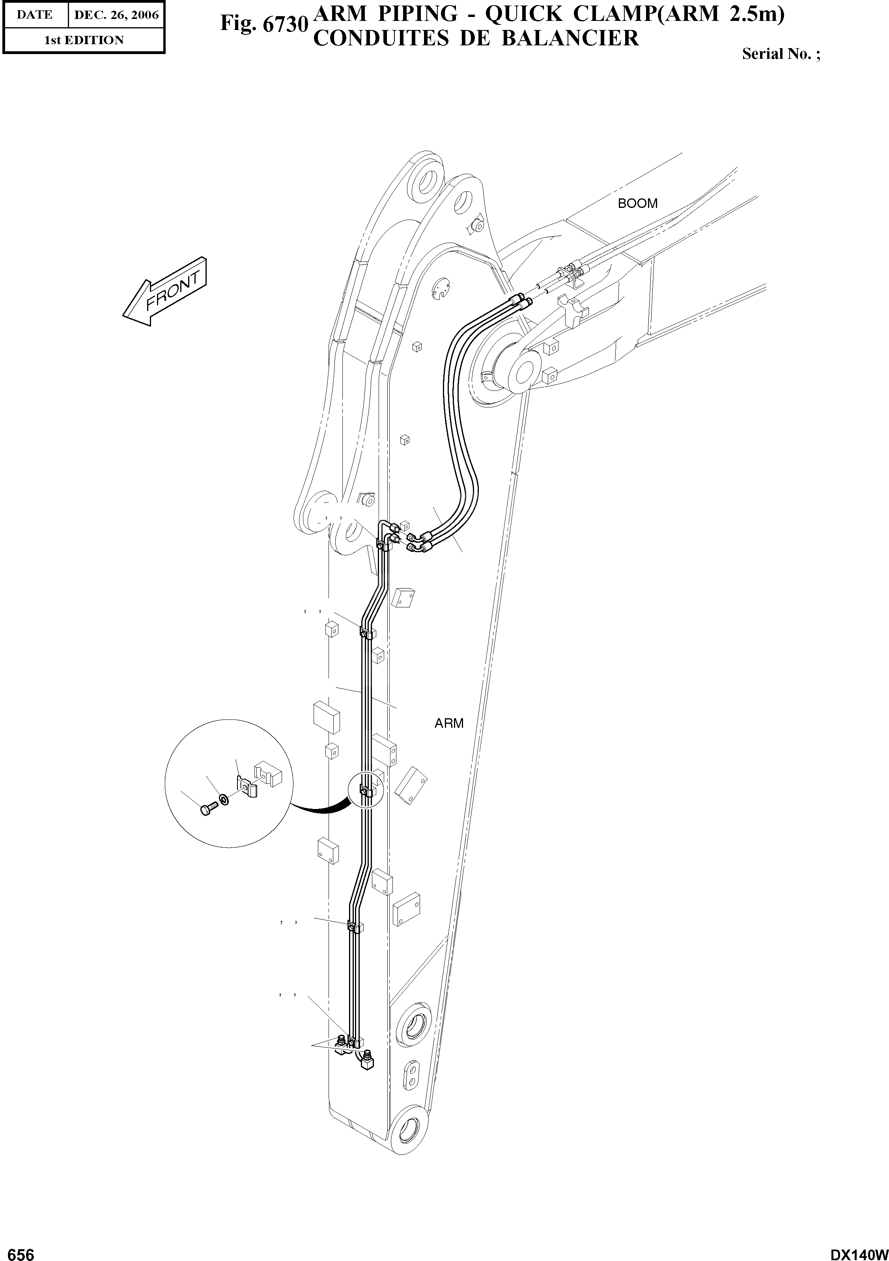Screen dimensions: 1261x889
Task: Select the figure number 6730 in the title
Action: pyautogui.click(x=262, y=24)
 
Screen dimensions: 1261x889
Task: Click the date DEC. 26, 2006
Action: pyautogui.click(x=116, y=15)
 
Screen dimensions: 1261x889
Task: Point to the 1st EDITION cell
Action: pyautogui.click(x=84, y=40)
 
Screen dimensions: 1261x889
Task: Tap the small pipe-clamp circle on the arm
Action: pyautogui.click(x=365, y=790)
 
